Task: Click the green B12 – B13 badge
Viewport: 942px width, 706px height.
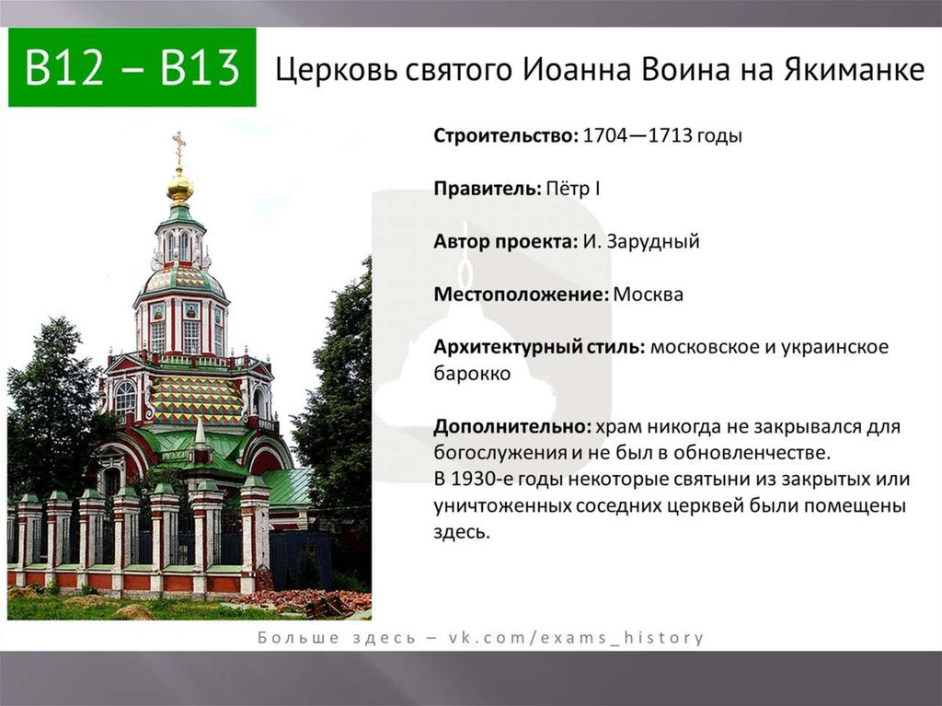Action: coord(132,67)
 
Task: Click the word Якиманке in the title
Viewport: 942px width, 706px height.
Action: coord(854,69)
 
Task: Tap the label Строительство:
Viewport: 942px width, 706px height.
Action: coord(505,135)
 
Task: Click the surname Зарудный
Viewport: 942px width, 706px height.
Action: coord(653,242)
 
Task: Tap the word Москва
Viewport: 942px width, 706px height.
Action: coord(649,295)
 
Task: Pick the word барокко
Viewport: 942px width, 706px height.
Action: coord(472,374)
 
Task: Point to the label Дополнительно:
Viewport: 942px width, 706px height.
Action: coord(512,426)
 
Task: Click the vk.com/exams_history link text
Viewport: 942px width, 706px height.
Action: coord(576,638)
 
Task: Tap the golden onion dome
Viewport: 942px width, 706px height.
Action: coord(180,187)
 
